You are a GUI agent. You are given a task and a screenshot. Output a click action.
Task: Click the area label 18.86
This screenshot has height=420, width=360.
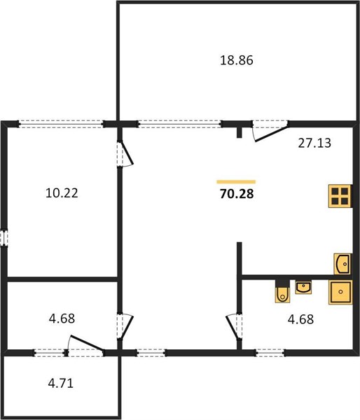tap(237, 60)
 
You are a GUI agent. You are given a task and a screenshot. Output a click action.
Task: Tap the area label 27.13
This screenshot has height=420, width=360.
tap(314, 143)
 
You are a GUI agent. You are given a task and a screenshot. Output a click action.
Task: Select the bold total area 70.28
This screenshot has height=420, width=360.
tap(237, 194)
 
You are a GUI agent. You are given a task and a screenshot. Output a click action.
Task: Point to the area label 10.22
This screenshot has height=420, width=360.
tap(62, 193)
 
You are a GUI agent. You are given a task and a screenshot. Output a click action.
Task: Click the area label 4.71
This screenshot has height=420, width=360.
tap(60, 384)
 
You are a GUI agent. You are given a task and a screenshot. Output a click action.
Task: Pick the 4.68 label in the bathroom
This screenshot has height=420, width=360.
tap(300, 319)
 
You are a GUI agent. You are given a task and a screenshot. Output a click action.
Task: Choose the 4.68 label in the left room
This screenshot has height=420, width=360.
tap(62, 318)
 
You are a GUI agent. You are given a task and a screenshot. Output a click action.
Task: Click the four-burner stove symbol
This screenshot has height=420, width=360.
tap(340, 196)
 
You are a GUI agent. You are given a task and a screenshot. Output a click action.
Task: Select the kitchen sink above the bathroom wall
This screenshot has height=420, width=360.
tap(342, 264)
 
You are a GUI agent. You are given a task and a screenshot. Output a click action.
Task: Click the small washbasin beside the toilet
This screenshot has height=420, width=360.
tap(303, 288)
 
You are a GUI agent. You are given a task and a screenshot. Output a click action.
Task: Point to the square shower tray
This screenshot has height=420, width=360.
tap(340, 292)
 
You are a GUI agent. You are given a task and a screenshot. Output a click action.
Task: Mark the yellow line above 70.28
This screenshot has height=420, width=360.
tap(236, 182)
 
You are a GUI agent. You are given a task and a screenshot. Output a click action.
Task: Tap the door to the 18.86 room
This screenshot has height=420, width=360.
tap(271, 133)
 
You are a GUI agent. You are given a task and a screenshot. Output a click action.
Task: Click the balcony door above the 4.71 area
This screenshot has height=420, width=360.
tap(86, 343)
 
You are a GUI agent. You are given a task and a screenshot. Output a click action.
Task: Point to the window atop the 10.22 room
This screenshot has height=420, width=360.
tap(61, 124)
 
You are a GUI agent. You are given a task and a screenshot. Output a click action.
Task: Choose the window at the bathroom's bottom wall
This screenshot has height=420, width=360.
tap(270, 353)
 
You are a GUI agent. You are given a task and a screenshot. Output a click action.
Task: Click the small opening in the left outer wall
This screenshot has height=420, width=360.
tap(4, 237)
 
